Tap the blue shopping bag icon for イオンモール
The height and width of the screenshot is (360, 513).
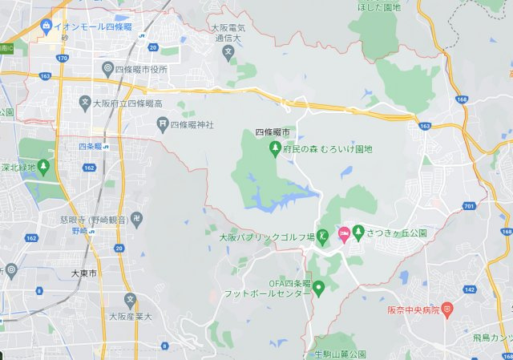click(x=46, y=26)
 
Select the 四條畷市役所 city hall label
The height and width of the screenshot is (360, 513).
click(x=141, y=69)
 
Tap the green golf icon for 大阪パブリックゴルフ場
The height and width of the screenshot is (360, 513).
click(x=322, y=236)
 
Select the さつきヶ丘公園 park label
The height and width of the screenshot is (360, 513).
click(x=395, y=233)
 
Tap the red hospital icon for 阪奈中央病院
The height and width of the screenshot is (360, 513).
click(x=447, y=307)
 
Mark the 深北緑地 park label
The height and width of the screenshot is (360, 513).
click(x=16, y=168)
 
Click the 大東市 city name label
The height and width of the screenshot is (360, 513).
click(x=84, y=273)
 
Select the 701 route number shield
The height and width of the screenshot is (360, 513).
click(x=469, y=206)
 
